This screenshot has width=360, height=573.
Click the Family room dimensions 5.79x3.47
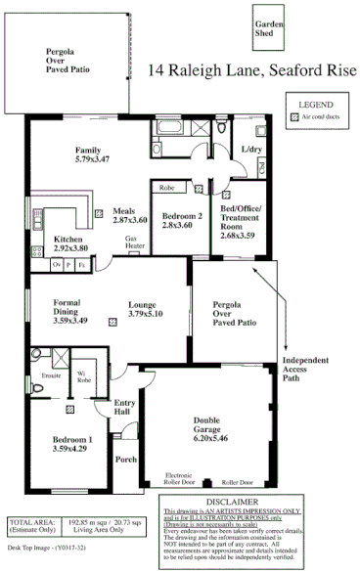pos(90,158)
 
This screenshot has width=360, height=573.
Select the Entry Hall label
pos(123,408)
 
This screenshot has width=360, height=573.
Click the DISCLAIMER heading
pos(259,501)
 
